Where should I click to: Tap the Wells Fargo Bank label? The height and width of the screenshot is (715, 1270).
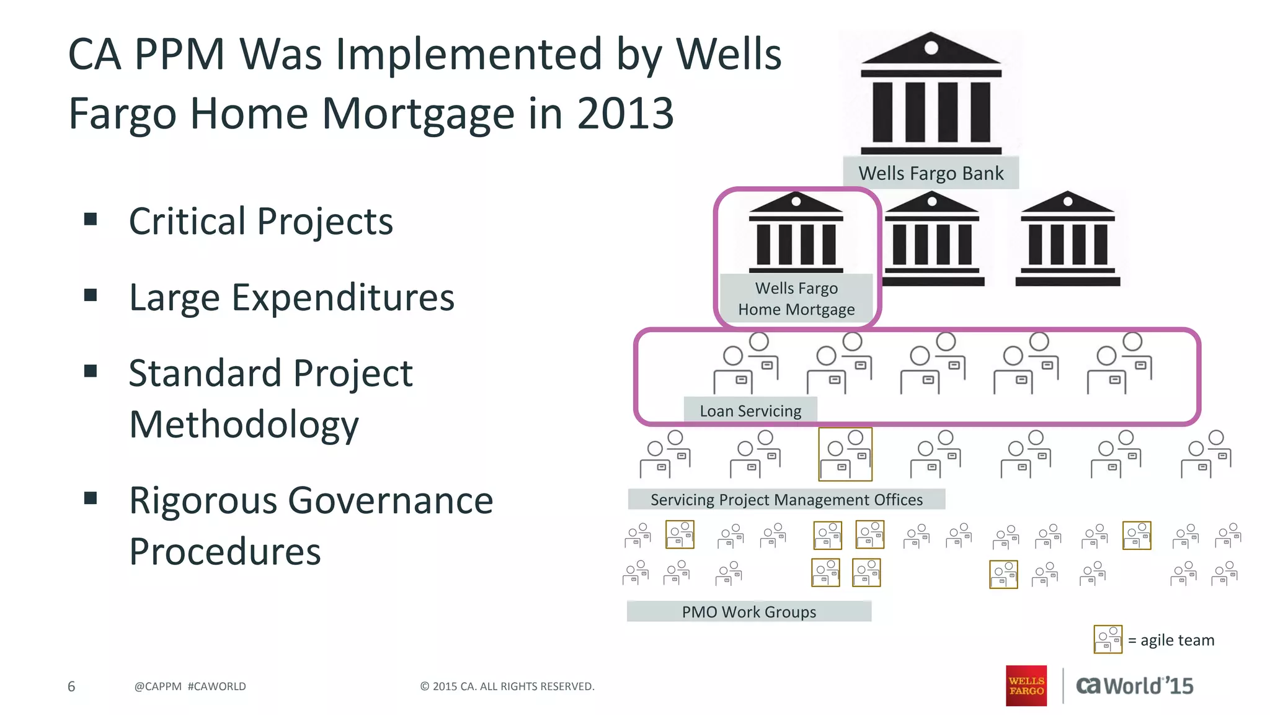point(930,173)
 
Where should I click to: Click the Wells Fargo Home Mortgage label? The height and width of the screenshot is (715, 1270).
point(796,299)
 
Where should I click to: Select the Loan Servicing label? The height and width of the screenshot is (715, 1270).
point(750,411)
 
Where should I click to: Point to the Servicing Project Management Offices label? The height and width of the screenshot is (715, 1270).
point(786,500)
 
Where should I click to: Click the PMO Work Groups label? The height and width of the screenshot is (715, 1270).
point(748,612)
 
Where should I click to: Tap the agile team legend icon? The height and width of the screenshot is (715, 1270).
point(1108,639)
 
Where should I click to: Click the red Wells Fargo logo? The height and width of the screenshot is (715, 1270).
point(1026,686)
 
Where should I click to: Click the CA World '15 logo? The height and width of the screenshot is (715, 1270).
point(1134,686)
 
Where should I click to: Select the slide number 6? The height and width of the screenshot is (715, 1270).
point(71,686)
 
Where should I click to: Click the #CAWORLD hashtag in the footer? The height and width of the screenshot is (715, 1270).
point(216,686)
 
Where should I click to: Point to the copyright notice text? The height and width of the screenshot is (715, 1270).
point(507,686)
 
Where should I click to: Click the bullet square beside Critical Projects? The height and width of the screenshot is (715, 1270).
point(91,219)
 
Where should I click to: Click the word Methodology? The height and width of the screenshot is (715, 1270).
point(244,425)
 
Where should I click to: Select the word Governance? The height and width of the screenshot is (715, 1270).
point(390,500)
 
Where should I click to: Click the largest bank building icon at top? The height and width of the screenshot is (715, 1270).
point(931,93)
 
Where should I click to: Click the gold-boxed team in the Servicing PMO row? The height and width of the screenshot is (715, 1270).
point(845,454)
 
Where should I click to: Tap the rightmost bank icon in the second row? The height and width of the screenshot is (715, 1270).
point(1067,238)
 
